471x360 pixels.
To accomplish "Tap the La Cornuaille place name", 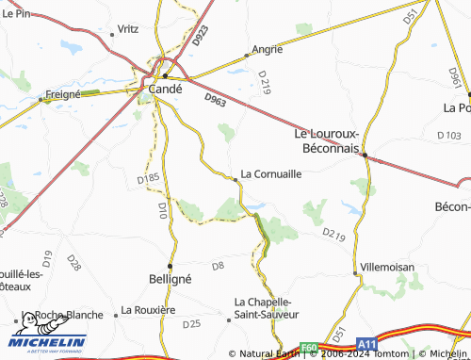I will click(271, 173).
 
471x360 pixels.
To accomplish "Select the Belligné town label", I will click(171, 280).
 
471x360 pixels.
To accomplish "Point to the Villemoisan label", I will click(387, 267).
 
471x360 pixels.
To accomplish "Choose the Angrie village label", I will click(268, 48).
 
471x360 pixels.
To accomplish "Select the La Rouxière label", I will click(149, 309).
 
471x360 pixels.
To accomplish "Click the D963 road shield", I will click(216, 97).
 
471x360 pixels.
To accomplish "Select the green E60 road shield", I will click(310, 347).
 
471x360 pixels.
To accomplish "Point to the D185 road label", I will click(148, 177).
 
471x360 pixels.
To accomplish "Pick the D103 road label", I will click(449, 136).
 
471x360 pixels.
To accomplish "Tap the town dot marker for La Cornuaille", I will click(235, 178).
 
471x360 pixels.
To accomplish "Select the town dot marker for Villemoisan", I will click(356, 273).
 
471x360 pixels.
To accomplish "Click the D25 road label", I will click(191, 324).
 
